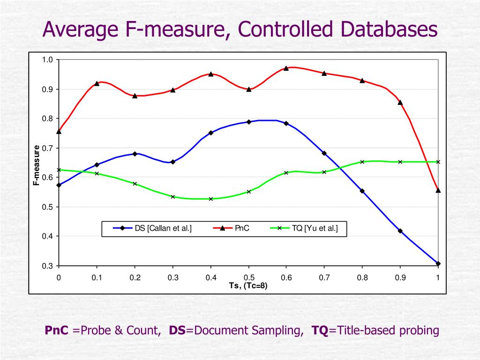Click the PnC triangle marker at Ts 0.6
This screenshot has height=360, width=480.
[x=286, y=68]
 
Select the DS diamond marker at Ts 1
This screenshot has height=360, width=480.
[x=438, y=263]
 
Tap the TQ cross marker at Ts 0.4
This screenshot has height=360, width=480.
[x=211, y=199]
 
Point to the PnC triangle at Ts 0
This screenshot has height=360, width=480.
[x=59, y=132]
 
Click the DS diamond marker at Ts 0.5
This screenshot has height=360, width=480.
[x=249, y=122]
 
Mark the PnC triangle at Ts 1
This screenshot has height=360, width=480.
[x=438, y=190]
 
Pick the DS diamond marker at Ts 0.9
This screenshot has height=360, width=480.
[x=400, y=231]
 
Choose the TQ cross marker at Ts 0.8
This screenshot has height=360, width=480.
[x=362, y=162]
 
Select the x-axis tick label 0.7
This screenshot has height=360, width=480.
[x=324, y=277]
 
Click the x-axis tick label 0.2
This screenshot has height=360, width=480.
[x=135, y=277]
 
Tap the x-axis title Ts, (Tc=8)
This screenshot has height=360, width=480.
[x=248, y=286]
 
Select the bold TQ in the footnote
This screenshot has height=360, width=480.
[x=320, y=330]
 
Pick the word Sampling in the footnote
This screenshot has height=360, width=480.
[x=278, y=330]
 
